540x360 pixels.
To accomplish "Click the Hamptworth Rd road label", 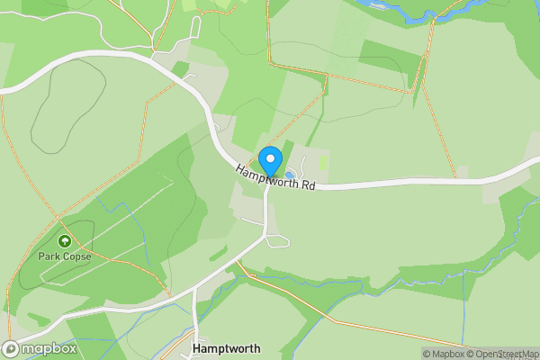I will (276, 177).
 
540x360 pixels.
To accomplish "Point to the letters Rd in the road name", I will (308, 185).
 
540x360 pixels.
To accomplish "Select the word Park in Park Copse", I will (49, 256).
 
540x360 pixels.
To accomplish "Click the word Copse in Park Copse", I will (77, 256).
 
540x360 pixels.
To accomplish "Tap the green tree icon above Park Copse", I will (65, 241).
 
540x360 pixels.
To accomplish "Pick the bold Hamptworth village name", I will (226, 348).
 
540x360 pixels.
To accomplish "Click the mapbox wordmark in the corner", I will (46, 348).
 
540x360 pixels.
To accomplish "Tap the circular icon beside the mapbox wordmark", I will (11, 348).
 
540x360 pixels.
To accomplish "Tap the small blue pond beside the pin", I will (290, 174).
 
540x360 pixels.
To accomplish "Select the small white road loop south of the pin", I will (278, 240).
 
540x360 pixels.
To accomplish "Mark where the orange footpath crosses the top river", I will (433, 20).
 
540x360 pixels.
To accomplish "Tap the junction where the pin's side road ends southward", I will (265, 236).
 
